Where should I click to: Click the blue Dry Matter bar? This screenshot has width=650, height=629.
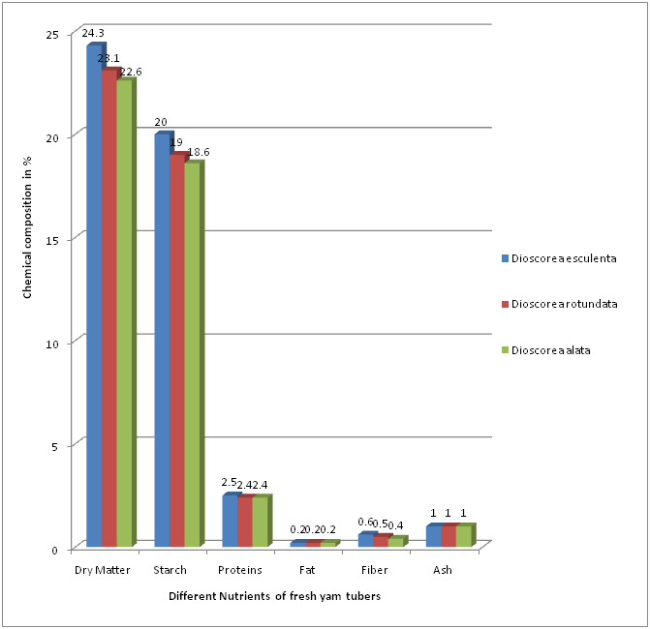point(94,295)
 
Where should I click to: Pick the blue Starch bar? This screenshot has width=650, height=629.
point(162,339)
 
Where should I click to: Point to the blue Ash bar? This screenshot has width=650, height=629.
point(433,536)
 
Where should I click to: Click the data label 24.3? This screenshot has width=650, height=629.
point(93,34)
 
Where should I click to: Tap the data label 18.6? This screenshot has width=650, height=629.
point(198,152)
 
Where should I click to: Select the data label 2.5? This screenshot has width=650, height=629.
point(230,483)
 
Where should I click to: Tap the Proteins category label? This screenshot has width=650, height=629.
point(239,570)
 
